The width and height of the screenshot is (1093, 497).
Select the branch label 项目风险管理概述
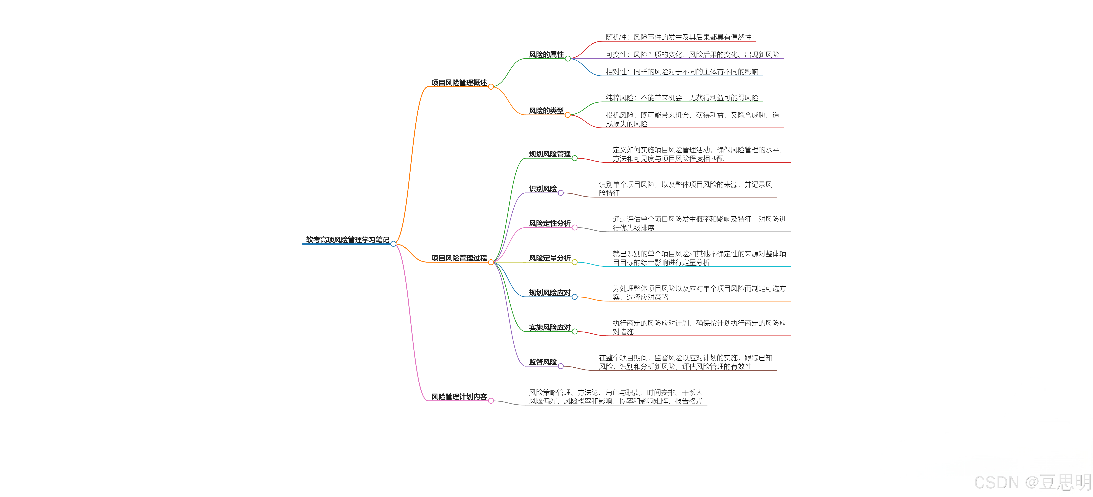pos(459,83)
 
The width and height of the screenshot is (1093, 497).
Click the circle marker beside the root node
pos(393,244)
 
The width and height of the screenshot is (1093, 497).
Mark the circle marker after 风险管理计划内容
pos(491,401)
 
